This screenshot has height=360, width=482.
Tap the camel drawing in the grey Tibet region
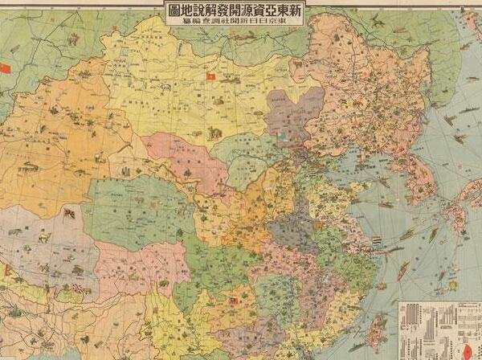pos(40,238)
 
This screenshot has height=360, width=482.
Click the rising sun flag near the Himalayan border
pos(78,288)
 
